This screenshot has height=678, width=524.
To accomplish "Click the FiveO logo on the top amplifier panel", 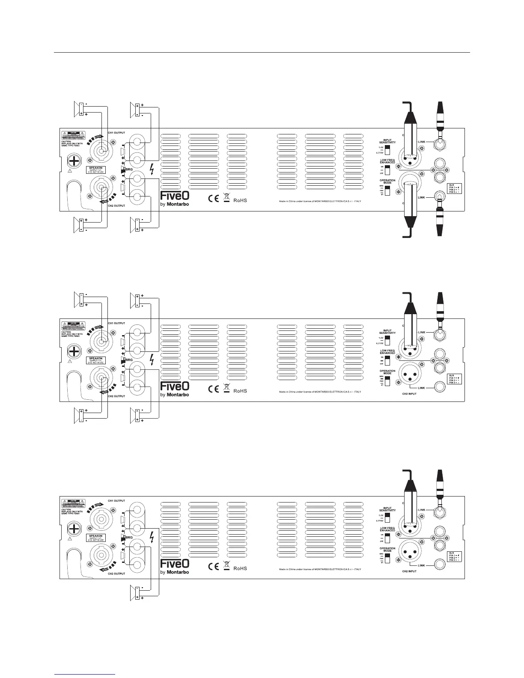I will [x=175, y=196].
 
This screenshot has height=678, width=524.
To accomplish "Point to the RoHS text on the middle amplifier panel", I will [x=240, y=391].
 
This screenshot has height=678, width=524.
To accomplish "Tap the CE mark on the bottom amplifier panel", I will [x=213, y=567].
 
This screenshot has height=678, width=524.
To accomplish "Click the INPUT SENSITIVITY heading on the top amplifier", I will [x=387, y=141].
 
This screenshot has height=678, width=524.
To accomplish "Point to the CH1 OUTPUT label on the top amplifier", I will [x=116, y=132].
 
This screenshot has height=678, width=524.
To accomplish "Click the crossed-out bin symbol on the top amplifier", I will [x=226, y=198].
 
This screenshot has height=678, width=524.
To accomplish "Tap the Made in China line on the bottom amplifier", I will [x=320, y=569].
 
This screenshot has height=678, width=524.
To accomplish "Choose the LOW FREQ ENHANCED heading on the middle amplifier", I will [x=387, y=352].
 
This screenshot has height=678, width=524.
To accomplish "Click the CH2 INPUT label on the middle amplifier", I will [x=410, y=394].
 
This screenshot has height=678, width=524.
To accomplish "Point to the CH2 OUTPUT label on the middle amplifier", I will [x=116, y=396].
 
